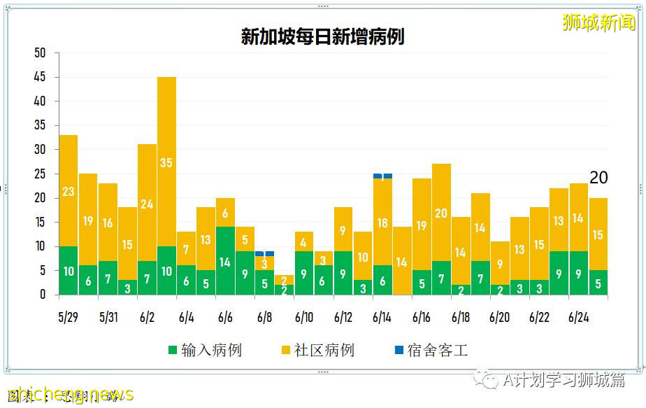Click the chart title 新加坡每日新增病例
point(322,36)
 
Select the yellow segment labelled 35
point(166,162)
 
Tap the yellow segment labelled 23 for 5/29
point(69,190)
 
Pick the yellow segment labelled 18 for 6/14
point(382,222)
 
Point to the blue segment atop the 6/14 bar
point(382,176)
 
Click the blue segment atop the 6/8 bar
point(264,253)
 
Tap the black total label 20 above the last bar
point(598,178)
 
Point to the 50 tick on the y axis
point(40,53)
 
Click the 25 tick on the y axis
point(40,174)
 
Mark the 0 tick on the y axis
point(43,295)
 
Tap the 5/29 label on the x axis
point(68,317)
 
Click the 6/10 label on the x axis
point(303,317)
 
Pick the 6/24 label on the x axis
point(578,317)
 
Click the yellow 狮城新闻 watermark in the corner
point(598,22)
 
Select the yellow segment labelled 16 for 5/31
point(108,223)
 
